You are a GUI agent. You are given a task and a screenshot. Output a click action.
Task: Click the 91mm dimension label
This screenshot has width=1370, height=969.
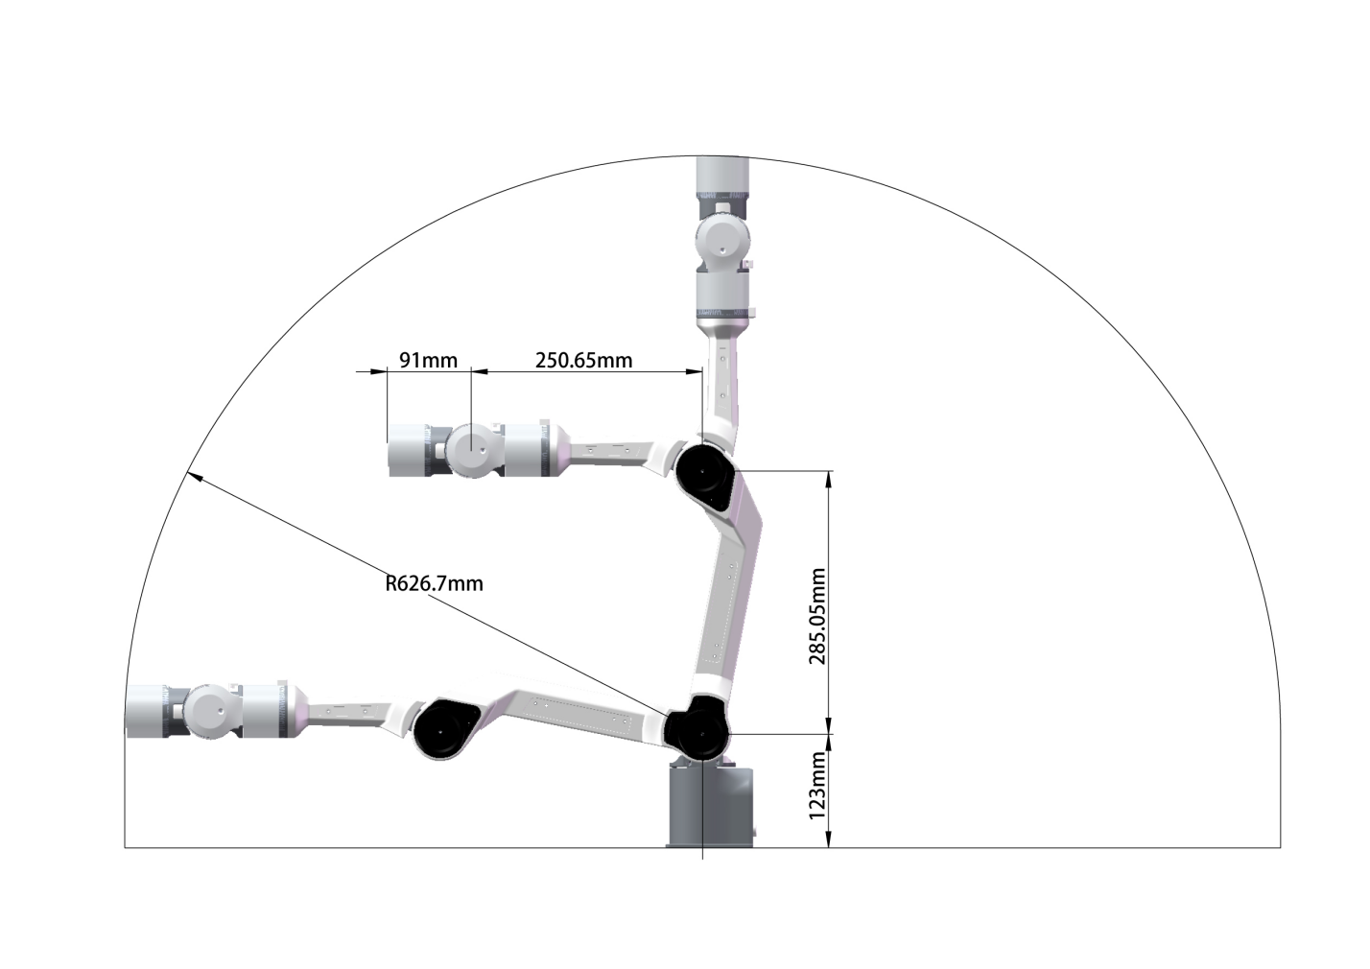click(x=428, y=361)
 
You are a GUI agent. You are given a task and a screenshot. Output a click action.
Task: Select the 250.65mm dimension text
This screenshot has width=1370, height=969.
click(x=584, y=361)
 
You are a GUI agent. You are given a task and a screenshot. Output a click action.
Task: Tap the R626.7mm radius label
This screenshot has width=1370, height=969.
click(x=435, y=583)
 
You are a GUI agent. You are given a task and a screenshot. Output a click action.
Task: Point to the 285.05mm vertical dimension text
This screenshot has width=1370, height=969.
click(x=817, y=616)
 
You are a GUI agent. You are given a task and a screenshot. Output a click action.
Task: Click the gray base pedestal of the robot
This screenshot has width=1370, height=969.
click(x=710, y=804)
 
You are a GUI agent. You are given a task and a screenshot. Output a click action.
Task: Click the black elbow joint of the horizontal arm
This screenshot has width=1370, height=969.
click(x=443, y=729)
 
